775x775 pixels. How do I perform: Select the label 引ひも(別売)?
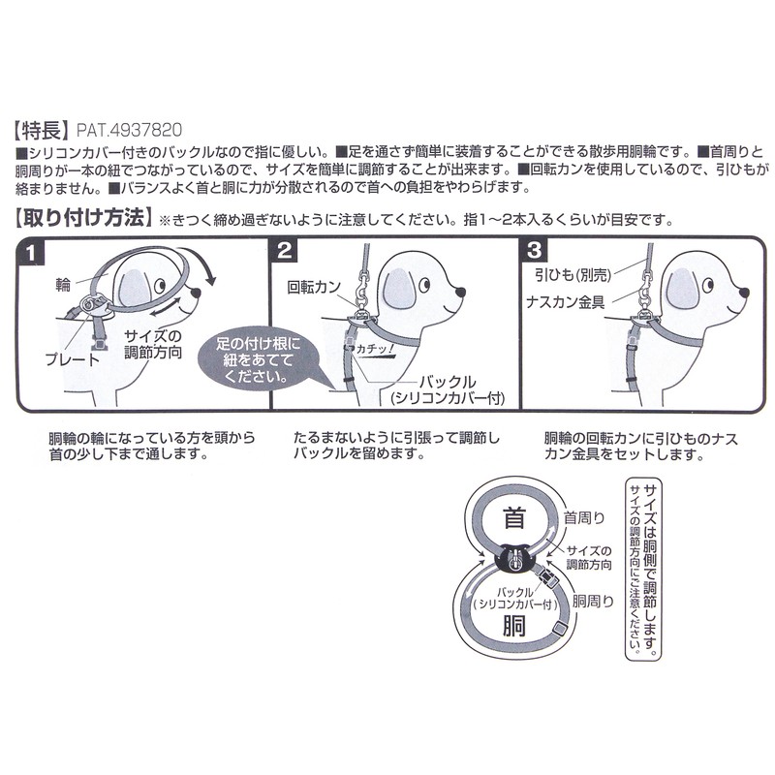[572, 277]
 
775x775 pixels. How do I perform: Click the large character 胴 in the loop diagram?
[513, 627]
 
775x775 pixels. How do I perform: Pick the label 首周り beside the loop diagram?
[583, 516]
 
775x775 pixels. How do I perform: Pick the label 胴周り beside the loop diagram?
[594, 600]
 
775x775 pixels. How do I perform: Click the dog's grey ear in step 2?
[397, 288]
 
